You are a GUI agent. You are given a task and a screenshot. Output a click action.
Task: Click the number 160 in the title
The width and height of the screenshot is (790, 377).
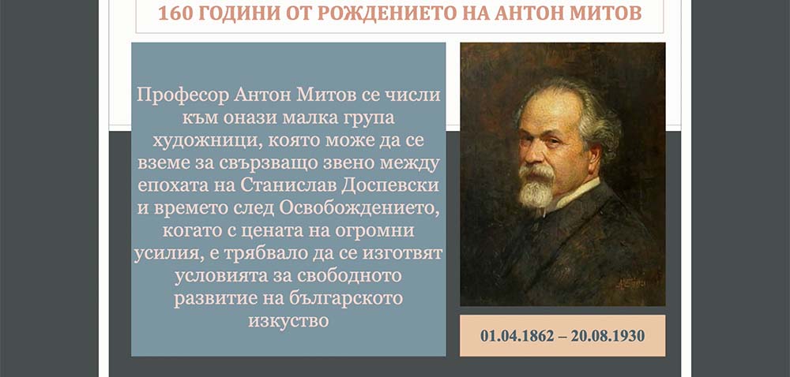(175, 13)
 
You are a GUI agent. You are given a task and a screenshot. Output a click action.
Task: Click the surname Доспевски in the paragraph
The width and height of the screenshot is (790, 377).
(390, 186)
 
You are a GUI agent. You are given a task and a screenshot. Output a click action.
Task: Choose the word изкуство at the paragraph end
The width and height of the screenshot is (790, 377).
(288, 321)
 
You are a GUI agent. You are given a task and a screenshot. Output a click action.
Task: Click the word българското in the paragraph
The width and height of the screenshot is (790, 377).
(347, 298)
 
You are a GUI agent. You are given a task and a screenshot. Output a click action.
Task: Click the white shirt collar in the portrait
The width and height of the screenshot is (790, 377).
(574, 193)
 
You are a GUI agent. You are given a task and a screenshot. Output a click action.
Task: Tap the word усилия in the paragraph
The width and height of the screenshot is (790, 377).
(166, 254)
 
